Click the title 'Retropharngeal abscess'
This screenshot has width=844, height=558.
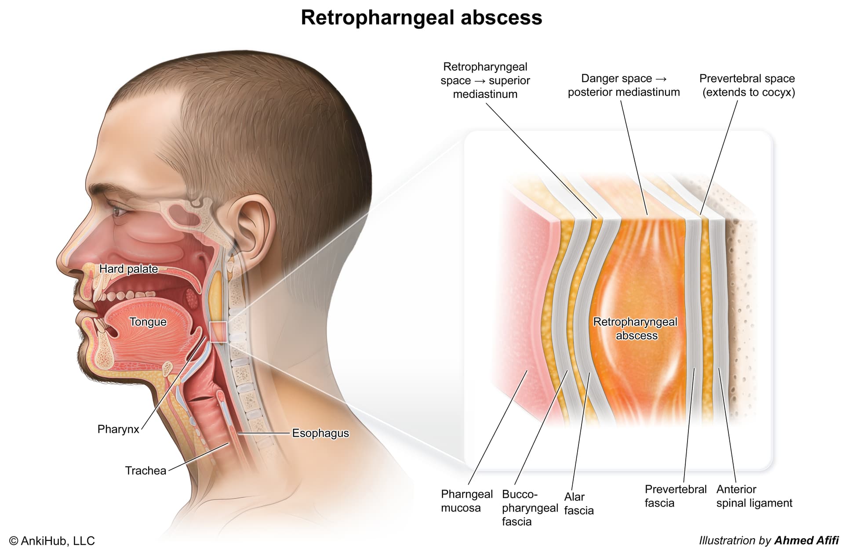(x=422, y=18)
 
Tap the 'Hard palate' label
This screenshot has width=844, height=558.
(x=128, y=269)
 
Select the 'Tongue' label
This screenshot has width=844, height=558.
(x=148, y=322)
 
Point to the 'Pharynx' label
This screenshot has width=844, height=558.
(x=118, y=429)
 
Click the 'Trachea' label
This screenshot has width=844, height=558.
(x=146, y=471)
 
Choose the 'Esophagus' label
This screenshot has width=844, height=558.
(x=320, y=433)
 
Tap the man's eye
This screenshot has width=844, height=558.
(x=120, y=211)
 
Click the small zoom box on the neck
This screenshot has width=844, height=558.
(x=218, y=332)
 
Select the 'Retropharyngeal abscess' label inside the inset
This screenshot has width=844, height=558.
(x=636, y=329)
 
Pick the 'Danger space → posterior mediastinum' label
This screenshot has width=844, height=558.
(x=624, y=85)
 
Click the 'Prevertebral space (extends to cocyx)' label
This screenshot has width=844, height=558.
(x=747, y=85)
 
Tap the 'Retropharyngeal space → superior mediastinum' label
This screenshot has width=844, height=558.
(x=485, y=80)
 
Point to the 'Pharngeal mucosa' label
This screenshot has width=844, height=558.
(x=467, y=501)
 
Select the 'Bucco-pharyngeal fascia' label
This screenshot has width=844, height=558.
(x=530, y=508)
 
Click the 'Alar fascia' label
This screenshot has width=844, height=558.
(x=579, y=504)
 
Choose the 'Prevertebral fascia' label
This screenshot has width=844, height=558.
(x=676, y=496)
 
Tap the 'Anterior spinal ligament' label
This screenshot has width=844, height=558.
(x=754, y=496)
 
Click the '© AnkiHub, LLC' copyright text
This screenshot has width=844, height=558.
(x=52, y=541)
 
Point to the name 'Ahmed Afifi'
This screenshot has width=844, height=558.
(x=807, y=540)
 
